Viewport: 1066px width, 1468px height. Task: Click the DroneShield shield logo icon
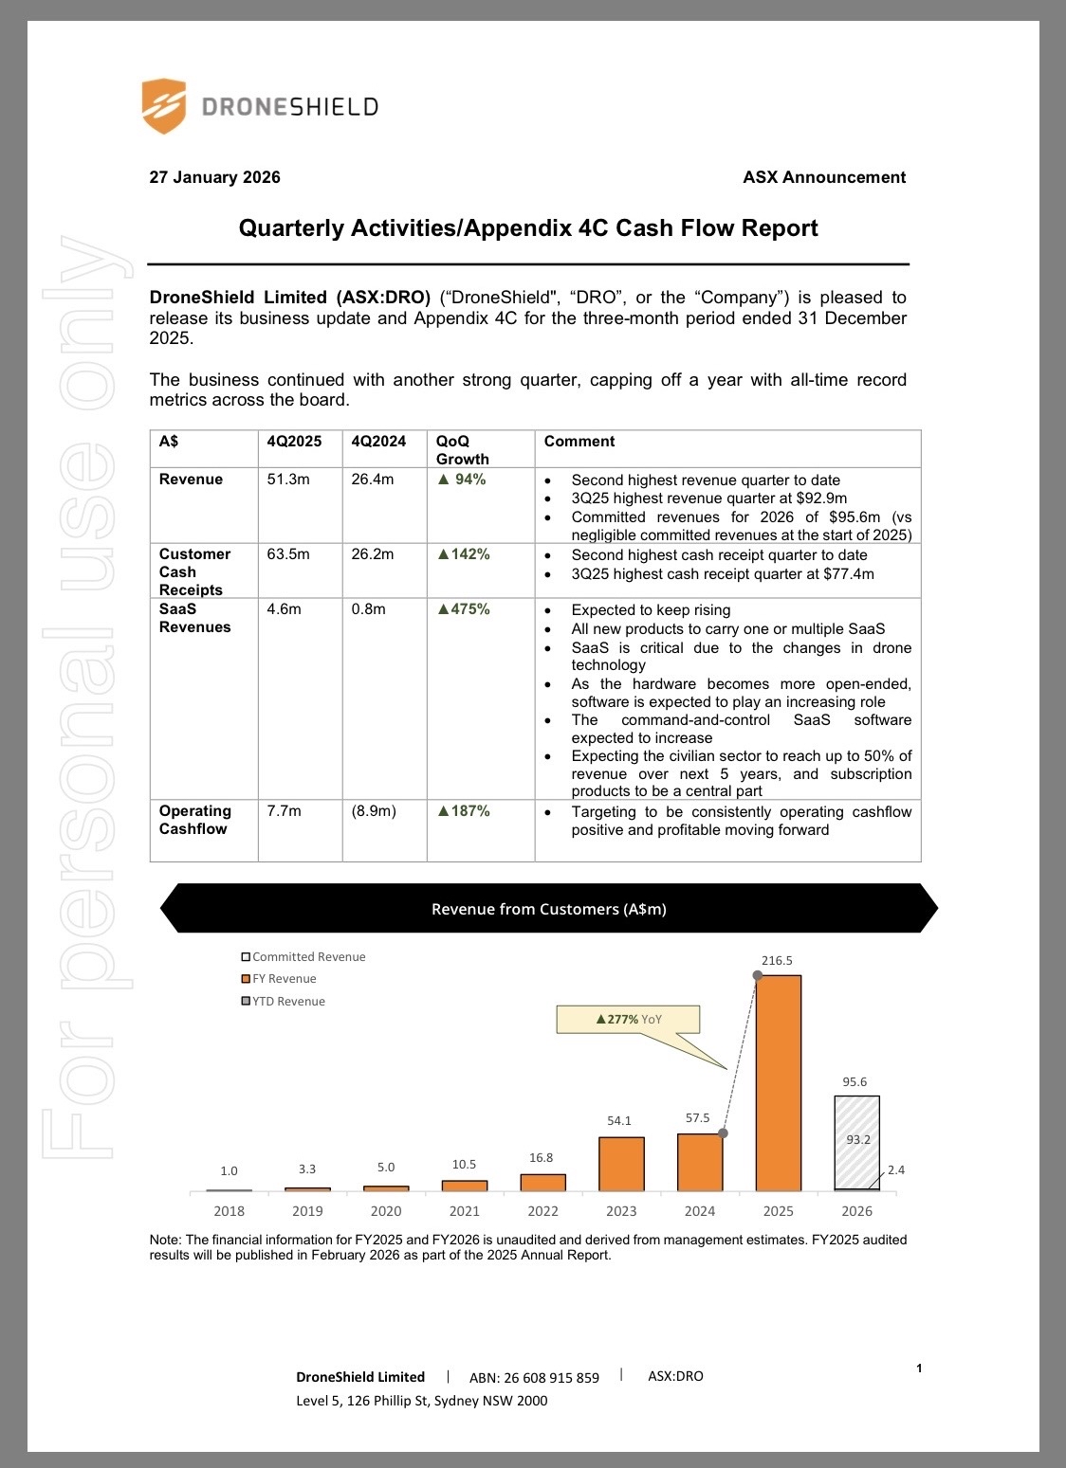tap(163, 106)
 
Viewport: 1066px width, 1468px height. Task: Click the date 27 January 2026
tap(215, 177)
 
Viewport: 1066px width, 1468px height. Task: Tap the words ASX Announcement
tap(824, 177)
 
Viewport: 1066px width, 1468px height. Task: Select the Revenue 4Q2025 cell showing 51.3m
tap(288, 480)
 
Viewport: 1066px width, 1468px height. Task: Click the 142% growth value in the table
tap(464, 554)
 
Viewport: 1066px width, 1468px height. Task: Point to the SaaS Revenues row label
tap(194, 618)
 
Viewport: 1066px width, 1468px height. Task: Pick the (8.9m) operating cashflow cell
tap(374, 811)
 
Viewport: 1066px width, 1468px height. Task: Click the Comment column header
tap(579, 442)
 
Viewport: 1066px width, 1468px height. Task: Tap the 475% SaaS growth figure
tap(464, 609)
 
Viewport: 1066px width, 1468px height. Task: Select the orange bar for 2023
tap(622, 1164)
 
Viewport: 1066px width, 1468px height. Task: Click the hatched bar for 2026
tap(857, 1142)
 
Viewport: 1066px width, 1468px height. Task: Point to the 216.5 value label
tap(777, 960)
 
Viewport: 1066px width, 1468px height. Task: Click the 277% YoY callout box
tap(629, 1020)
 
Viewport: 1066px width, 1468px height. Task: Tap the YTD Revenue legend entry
tap(284, 1002)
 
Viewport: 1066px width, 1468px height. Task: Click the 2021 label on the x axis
tap(465, 1211)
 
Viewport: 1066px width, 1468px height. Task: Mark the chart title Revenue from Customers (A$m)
tap(549, 909)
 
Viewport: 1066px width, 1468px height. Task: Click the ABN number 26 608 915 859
tap(534, 1378)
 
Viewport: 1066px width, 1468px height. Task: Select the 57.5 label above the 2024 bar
tap(698, 1118)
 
